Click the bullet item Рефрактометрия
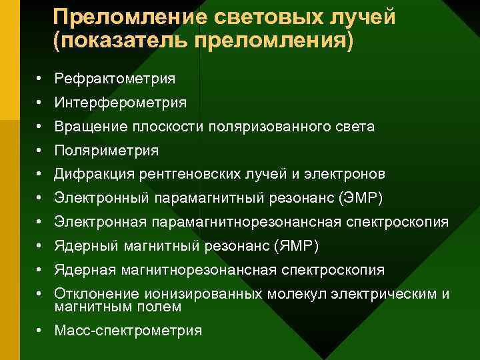click(x=115, y=79)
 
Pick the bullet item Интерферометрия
click(x=120, y=103)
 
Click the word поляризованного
click(x=270, y=127)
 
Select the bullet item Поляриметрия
click(x=107, y=151)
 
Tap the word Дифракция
click(x=95, y=175)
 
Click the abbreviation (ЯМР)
click(x=296, y=247)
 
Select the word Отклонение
click(x=96, y=294)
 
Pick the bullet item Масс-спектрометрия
click(x=128, y=330)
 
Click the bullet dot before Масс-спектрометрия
click(x=40, y=330)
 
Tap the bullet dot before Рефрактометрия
click(x=40, y=79)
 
